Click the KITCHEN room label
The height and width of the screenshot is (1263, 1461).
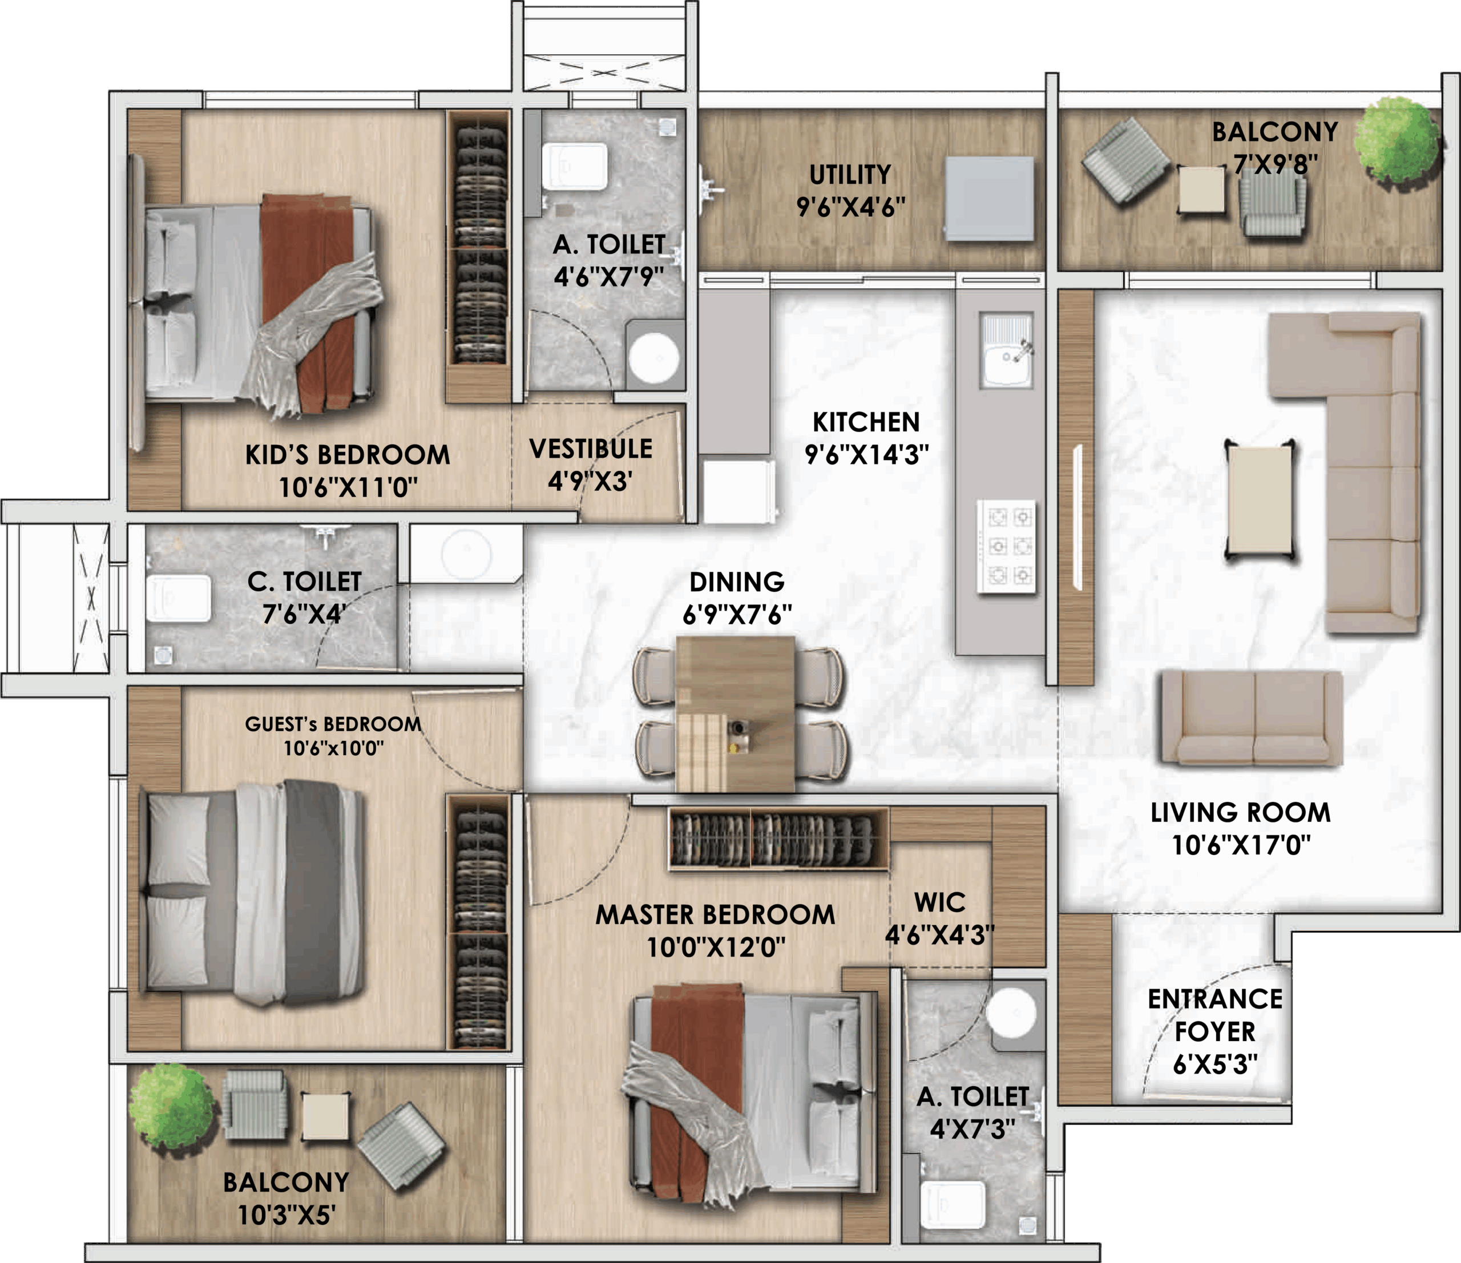pos(866,422)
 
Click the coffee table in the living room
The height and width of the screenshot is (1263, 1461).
pos(1260,500)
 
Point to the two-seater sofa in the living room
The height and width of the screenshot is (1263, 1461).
pos(1252,718)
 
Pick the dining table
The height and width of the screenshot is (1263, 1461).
pos(736,715)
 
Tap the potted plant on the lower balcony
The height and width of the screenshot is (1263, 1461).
pos(171,1105)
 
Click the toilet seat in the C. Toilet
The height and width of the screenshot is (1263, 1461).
pos(179,599)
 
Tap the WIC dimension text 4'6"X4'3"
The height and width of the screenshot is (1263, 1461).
pos(939,935)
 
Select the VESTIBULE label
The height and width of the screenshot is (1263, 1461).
pos(591,449)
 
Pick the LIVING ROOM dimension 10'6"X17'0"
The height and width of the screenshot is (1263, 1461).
pos(1241,844)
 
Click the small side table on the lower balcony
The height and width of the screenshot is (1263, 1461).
pos(325,1116)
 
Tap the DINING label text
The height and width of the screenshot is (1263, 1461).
pos(737,582)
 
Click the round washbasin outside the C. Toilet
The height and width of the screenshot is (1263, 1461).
pos(466,554)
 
